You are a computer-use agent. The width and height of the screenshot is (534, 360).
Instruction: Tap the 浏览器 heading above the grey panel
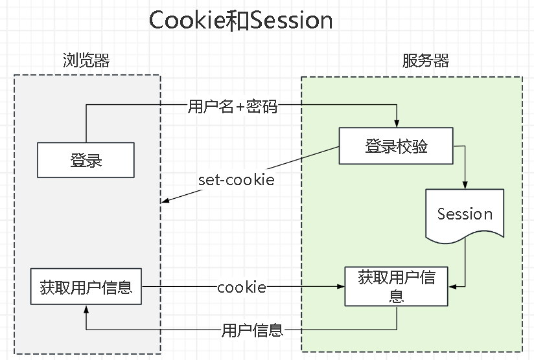(86, 61)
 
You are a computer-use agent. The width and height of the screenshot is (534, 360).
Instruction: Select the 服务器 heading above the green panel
(425, 61)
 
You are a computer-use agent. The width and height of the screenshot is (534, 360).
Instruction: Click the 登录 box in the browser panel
(86, 160)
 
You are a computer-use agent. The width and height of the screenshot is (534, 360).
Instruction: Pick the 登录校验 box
(396, 146)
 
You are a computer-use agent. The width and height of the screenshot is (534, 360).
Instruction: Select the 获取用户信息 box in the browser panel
(86, 286)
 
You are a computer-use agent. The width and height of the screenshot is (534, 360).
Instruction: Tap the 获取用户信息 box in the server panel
(397, 286)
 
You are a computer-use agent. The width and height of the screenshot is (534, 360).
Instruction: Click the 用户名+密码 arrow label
(233, 106)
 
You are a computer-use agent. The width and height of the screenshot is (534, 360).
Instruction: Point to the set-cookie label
(237, 180)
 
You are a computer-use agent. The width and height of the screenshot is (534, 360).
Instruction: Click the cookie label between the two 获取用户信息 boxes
(242, 287)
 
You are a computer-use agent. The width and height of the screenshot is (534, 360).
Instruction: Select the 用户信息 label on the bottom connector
(252, 330)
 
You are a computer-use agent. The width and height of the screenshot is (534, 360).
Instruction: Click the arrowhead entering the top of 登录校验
(397, 124)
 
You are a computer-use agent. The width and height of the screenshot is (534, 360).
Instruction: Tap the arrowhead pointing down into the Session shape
(465, 185)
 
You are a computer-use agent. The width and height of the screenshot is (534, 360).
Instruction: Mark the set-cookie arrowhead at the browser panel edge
(165, 200)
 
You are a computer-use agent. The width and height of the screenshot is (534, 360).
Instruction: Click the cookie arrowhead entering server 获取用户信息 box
(341, 286)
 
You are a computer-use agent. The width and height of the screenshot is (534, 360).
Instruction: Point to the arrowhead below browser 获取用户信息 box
(86, 309)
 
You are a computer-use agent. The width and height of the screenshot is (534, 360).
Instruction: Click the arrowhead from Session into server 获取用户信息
(452, 286)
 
